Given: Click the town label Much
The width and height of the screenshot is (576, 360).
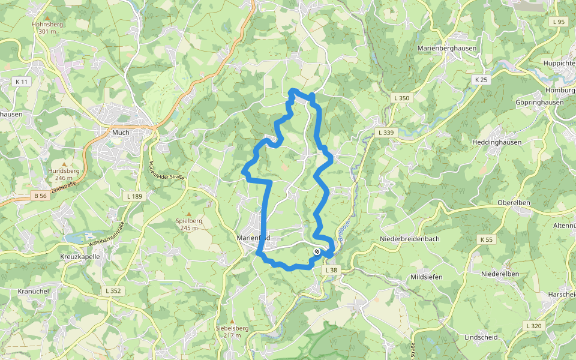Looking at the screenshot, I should click(x=121, y=132).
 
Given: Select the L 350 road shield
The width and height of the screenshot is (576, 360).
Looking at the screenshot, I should click(x=401, y=97).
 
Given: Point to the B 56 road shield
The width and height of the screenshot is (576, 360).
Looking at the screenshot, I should click(x=40, y=196).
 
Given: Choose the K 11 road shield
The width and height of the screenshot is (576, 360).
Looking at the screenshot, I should click(x=22, y=81).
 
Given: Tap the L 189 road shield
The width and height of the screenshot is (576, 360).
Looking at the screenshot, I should click(x=134, y=196).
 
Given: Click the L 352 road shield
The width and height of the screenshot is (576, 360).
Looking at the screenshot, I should click(x=113, y=290).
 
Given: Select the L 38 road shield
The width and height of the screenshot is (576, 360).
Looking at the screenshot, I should click(x=331, y=271).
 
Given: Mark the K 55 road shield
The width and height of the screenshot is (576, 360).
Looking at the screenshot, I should click(x=486, y=239).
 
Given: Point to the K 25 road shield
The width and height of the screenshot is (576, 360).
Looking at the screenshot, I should click(x=481, y=79).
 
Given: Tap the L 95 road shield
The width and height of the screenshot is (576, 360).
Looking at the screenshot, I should click(x=557, y=22).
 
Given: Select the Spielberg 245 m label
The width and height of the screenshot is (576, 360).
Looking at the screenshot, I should click(x=189, y=224).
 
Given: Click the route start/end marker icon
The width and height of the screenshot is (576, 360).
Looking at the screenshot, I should click(x=317, y=252).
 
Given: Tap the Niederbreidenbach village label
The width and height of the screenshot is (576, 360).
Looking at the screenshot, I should click(x=410, y=239).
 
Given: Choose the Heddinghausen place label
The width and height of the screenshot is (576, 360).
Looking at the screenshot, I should click(x=497, y=142).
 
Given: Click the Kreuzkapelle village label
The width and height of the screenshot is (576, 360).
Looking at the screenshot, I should click(x=80, y=256).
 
